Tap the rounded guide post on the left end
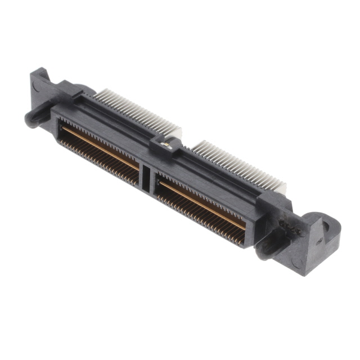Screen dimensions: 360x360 pos(31,119)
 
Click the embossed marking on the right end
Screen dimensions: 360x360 pos(287,226)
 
